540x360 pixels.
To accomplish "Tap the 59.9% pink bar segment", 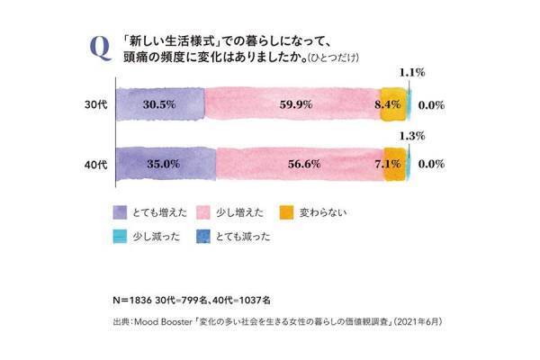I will click(292, 104).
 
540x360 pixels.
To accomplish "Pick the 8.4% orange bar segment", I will click(392, 104).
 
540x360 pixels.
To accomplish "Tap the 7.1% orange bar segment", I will click(395, 165).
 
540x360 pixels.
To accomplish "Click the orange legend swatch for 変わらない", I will click(286, 212).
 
